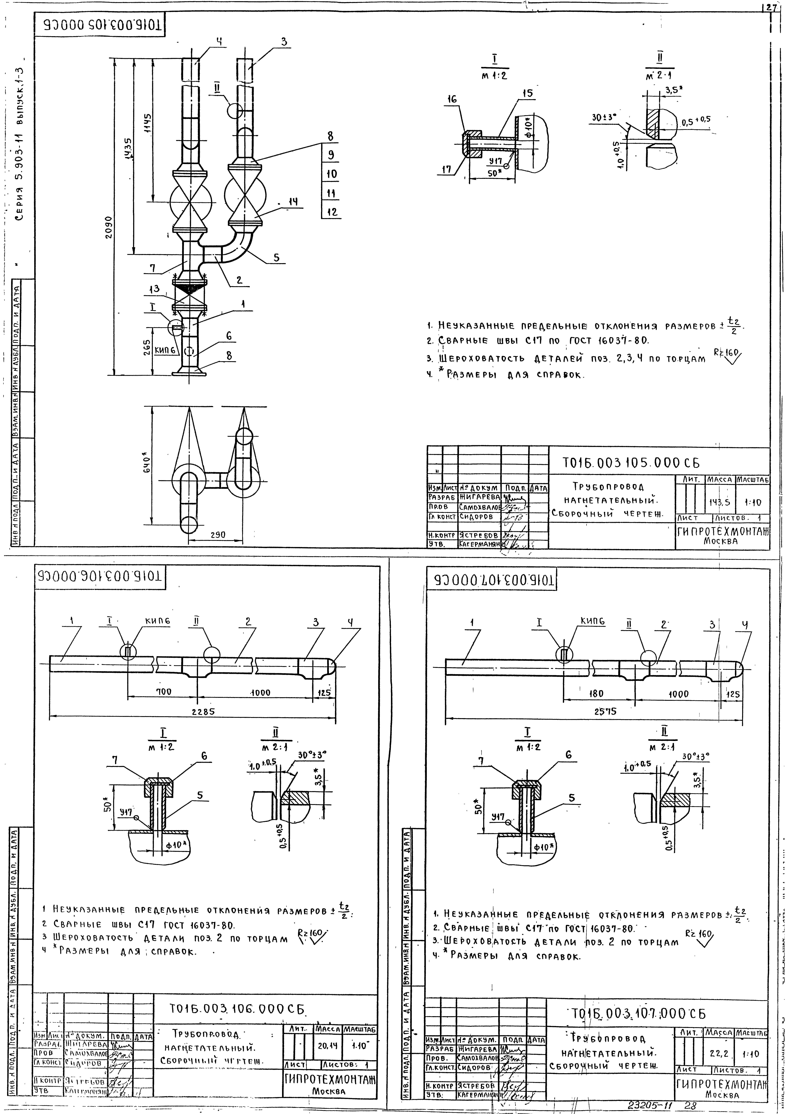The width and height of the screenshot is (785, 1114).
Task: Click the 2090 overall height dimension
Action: (x=110, y=227)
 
